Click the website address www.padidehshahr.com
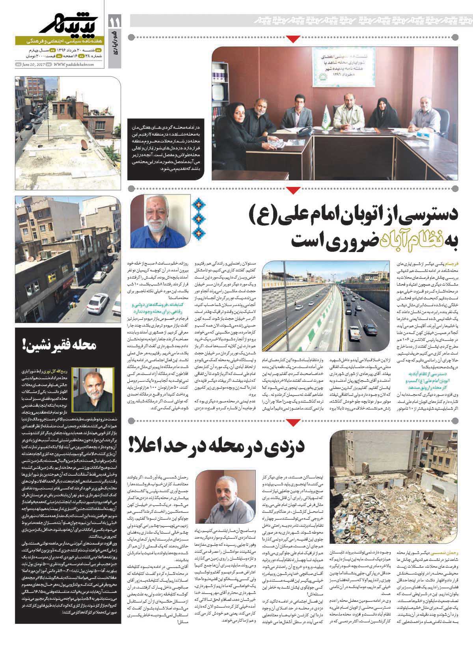(73, 65)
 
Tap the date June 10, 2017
(34, 65)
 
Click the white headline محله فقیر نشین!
(60, 347)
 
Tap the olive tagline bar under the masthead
(59, 41)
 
